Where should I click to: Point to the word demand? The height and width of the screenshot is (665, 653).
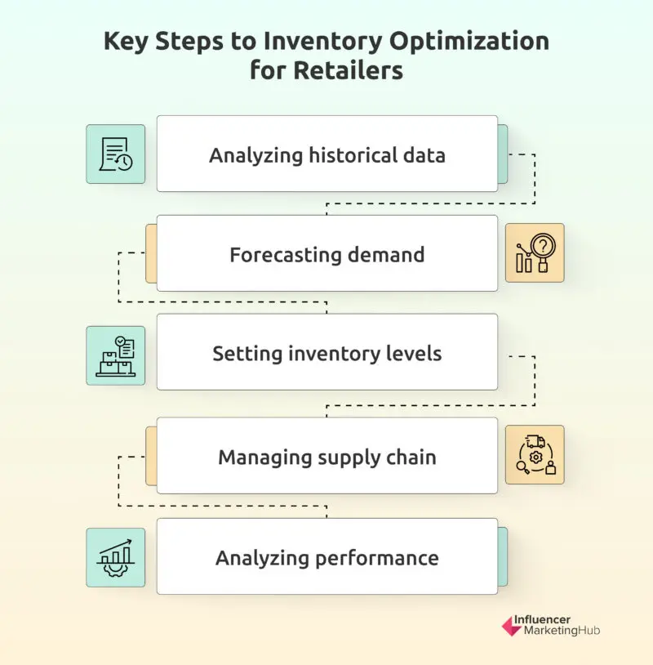(x=384, y=254)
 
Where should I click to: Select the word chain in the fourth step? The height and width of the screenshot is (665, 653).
(x=411, y=457)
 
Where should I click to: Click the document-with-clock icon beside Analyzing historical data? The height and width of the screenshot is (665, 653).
(x=116, y=154)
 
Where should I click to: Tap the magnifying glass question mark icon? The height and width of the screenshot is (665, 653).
(x=535, y=253)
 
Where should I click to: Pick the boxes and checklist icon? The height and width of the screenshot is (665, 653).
(x=116, y=355)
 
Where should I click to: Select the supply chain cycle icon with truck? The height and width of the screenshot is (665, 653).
(x=535, y=455)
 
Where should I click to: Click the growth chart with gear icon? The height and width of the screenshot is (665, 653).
(x=116, y=557)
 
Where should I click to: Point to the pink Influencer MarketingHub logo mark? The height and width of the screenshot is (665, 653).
(x=511, y=626)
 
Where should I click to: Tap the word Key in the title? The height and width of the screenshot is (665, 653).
(x=126, y=42)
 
